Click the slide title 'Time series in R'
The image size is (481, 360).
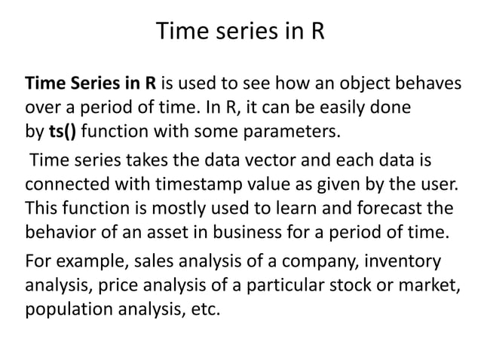[240, 32]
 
